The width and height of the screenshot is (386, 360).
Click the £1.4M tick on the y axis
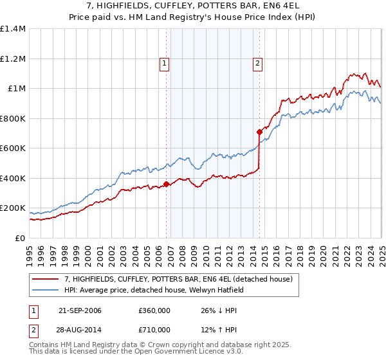point(13,29)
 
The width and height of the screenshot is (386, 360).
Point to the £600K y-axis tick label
point(13,148)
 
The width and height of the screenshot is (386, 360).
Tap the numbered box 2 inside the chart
point(257,63)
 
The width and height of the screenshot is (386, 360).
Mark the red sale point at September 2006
point(167,184)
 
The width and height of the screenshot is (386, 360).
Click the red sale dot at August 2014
point(259,132)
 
